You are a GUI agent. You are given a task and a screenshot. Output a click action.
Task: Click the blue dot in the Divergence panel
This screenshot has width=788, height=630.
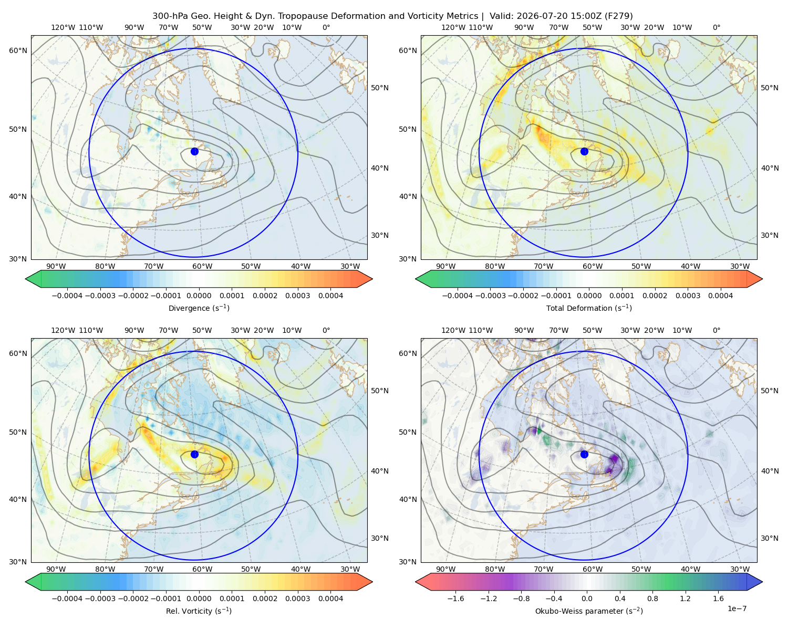[194, 151]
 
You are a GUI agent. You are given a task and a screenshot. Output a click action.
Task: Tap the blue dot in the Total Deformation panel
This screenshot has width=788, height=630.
[584, 151]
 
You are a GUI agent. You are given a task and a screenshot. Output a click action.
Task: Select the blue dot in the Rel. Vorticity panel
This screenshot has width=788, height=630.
[194, 454]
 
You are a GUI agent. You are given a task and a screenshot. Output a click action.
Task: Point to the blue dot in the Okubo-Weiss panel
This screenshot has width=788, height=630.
[584, 454]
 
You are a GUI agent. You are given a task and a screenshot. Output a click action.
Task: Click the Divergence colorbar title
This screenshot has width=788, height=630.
[199, 308]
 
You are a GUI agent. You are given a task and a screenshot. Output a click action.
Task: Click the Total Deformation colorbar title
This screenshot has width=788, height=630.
[589, 308]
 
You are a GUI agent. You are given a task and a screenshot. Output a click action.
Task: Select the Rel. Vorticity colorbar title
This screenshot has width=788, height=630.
[199, 611]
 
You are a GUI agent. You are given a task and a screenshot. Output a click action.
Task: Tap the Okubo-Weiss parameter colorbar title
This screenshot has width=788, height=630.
[589, 611]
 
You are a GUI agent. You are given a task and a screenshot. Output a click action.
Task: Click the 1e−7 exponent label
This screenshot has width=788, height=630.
[737, 608]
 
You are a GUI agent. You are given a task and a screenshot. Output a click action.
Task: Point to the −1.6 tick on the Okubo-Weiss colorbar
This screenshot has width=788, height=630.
[455, 598]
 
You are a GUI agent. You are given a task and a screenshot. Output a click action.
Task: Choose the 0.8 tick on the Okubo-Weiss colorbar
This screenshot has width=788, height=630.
[652, 598]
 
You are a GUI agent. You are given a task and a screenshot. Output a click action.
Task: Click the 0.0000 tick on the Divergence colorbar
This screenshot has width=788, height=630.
[199, 296]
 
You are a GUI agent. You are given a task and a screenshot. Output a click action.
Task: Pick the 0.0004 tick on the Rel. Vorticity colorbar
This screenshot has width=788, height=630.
[330, 598]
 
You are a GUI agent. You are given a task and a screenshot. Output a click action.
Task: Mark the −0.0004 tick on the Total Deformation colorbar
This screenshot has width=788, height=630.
[458, 296]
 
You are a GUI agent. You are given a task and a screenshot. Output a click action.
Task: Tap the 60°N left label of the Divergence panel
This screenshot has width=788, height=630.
[18, 50]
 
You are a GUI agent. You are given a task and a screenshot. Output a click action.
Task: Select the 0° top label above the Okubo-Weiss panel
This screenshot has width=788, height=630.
[716, 330]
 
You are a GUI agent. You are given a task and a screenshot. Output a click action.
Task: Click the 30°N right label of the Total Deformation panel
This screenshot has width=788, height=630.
[769, 235]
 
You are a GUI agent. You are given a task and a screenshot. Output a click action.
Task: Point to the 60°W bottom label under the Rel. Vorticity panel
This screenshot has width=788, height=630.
[202, 569]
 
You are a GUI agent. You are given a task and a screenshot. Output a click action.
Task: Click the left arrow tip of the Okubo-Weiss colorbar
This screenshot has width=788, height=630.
[416, 582]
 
